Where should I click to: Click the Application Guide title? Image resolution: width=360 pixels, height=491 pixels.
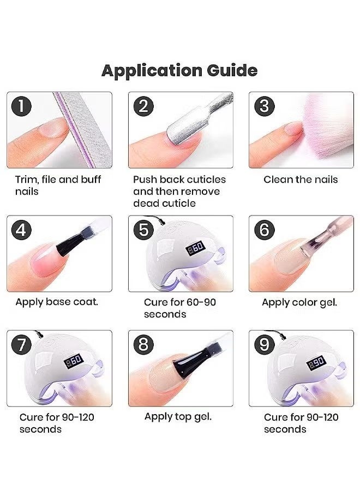(x=179, y=71)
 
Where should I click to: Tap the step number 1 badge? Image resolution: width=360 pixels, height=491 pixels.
(x=21, y=106)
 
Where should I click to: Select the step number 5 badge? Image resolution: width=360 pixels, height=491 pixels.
(x=143, y=230)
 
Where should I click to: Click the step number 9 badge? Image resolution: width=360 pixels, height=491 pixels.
(x=264, y=345)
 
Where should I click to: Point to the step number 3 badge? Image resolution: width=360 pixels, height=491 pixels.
(x=264, y=106)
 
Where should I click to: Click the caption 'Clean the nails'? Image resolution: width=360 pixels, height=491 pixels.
(x=301, y=179)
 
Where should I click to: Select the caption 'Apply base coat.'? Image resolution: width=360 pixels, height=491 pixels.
(x=57, y=302)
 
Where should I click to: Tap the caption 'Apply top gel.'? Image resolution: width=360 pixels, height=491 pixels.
(x=178, y=417)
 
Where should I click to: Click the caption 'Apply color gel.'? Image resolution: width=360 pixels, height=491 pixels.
(x=299, y=302)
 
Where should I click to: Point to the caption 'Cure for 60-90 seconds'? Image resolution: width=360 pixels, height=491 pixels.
(x=179, y=308)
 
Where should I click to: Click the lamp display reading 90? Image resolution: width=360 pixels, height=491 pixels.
(x=316, y=363)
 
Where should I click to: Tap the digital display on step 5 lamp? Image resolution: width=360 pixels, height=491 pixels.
(x=196, y=248)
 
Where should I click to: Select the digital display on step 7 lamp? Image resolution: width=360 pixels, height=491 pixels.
(x=74, y=361)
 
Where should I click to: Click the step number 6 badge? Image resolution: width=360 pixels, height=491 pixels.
(x=264, y=230)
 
